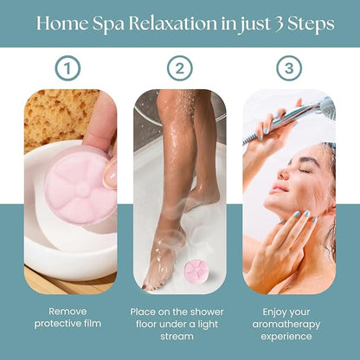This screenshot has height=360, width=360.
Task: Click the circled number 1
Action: tap(67, 68)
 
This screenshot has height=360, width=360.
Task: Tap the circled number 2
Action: tap(180, 68)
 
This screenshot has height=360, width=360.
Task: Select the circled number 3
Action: tap(289, 68)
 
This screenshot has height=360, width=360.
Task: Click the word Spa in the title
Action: tap(108, 24)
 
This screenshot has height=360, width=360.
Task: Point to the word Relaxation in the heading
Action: tap(172, 23)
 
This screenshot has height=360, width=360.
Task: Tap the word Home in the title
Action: tap(62, 23)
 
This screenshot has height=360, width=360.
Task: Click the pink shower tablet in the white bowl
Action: tap(80, 185)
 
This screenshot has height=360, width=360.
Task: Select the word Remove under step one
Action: tap(67, 312)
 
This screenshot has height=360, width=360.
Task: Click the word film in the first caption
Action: tap(92, 323)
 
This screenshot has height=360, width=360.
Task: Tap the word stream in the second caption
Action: tap(177, 337)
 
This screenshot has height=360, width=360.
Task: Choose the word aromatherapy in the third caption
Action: tap(286, 325)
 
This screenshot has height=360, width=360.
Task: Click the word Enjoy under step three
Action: tap(273, 312)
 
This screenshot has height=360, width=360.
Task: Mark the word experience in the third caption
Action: tap(286, 337)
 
